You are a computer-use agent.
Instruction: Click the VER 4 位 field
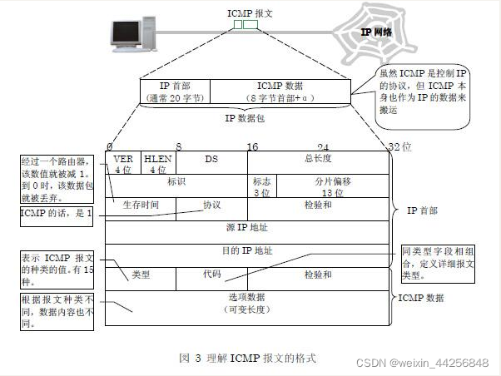click(123, 163)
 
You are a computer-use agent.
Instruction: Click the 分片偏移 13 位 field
click(332, 186)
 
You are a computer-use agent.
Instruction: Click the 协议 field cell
click(211, 205)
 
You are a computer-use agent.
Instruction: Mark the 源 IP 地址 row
click(248, 227)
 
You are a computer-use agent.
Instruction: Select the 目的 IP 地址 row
click(248, 250)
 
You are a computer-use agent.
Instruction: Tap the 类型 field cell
click(141, 275)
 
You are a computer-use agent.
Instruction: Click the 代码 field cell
click(211, 274)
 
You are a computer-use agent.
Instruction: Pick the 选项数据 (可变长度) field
click(248, 302)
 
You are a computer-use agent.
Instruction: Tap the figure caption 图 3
click(247, 358)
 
